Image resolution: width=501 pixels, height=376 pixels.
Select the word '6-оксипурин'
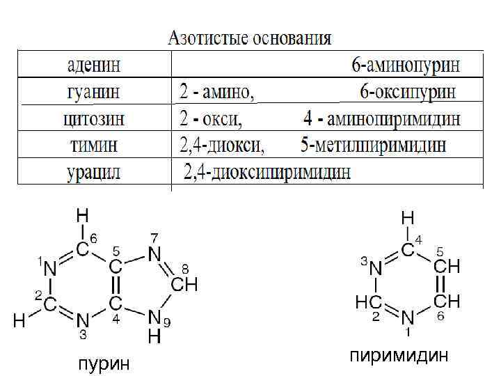point(408,91)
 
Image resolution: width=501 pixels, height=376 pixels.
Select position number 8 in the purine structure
point(185,268)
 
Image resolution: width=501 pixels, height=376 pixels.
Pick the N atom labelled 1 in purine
point(49,266)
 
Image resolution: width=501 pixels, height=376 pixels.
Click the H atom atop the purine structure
point(82,214)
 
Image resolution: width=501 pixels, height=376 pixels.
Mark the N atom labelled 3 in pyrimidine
point(376,267)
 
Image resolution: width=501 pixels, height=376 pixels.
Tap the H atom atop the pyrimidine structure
point(408,218)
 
